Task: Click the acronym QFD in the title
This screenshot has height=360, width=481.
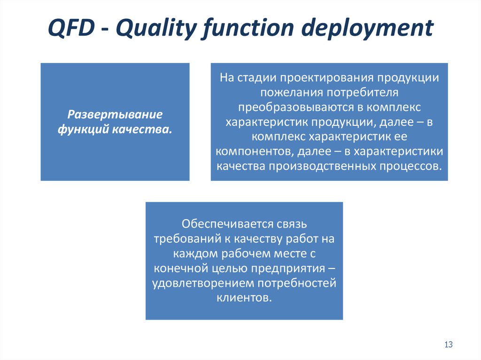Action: pyautogui.click(x=71, y=28)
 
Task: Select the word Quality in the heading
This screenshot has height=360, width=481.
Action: pyautogui.click(x=156, y=29)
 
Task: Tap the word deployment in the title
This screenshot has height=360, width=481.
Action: pyautogui.click(x=367, y=29)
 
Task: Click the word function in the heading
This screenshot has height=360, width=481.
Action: pyautogui.click(x=248, y=29)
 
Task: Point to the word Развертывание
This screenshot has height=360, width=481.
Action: pyautogui.click(x=115, y=115)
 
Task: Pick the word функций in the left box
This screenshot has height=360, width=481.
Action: pyautogui.click(x=83, y=130)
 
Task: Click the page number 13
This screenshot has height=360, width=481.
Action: pyautogui.click(x=449, y=345)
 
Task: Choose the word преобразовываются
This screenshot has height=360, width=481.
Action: pyautogui.click(x=296, y=107)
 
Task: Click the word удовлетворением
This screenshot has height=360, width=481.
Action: pyautogui.click(x=203, y=283)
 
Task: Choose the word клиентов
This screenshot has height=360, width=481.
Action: pyautogui.click(x=244, y=298)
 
